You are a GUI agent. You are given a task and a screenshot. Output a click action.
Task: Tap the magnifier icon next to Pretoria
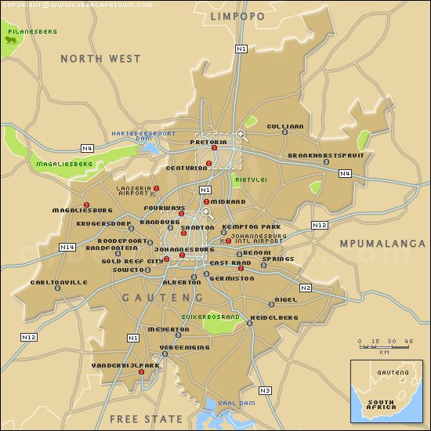coord(241,135)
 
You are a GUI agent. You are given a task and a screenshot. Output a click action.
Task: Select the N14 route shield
coord(67,247)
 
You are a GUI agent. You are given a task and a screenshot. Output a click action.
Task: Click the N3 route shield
coord(265,390)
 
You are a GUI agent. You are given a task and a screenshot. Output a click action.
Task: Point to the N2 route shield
coord(305,288)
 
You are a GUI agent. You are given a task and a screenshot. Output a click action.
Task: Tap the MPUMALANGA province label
coord(382,244)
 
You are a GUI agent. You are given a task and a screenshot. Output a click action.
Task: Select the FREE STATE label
coord(146,419)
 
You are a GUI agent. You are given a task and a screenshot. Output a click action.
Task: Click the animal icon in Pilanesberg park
coord(14,41)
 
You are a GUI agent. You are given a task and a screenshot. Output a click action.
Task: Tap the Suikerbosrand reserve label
coord(210,317)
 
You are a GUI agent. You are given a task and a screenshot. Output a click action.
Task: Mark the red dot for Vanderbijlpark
coord(142,372)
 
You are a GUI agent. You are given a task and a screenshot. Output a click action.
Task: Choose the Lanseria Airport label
coord(132,190)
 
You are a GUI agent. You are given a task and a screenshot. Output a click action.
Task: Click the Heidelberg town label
coord(273,317)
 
